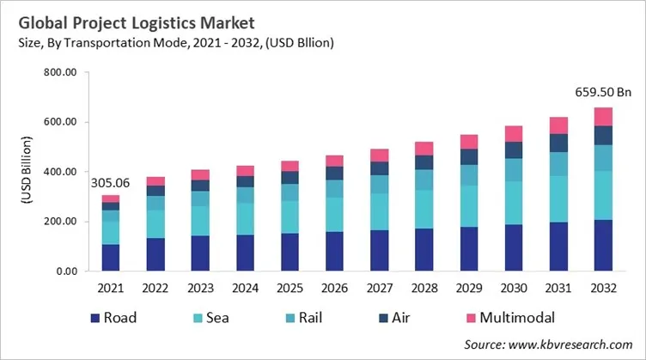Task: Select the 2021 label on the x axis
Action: (x=109, y=289)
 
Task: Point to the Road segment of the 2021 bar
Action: (x=109, y=258)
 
